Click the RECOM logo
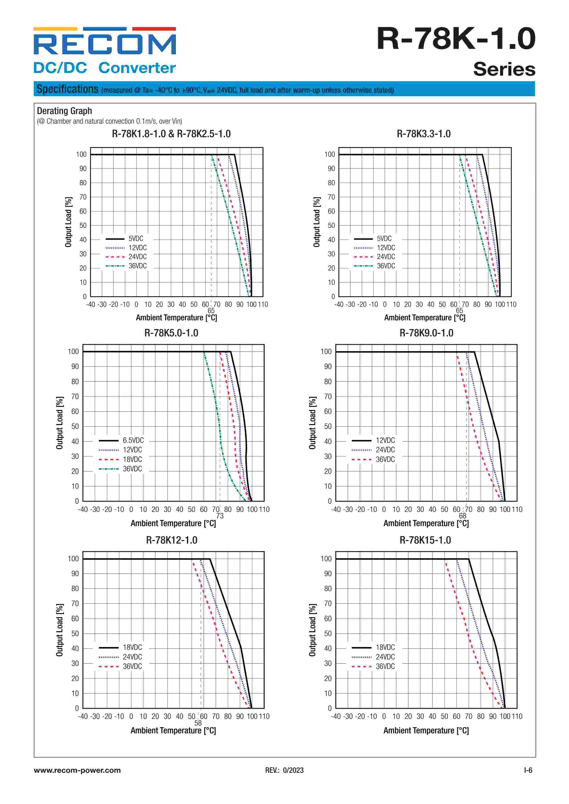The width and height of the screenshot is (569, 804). click(x=104, y=42)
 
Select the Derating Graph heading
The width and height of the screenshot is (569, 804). click(x=64, y=111)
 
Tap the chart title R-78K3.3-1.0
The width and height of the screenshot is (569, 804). click(x=424, y=134)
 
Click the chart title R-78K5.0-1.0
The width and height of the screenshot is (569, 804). click(x=171, y=333)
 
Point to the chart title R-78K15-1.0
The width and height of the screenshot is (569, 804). click(x=425, y=540)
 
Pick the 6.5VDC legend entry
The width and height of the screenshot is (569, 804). click(x=133, y=441)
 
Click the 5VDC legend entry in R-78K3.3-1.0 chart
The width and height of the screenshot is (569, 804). click(x=384, y=238)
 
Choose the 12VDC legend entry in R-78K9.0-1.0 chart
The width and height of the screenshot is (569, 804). click(x=385, y=441)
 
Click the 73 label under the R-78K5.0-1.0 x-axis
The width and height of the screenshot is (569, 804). click(x=220, y=516)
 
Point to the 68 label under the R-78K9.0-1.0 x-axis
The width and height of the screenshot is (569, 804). click(x=462, y=516)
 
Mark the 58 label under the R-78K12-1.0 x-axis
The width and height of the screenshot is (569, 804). click(x=198, y=723)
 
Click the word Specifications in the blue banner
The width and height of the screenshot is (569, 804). click(x=67, y=89)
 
